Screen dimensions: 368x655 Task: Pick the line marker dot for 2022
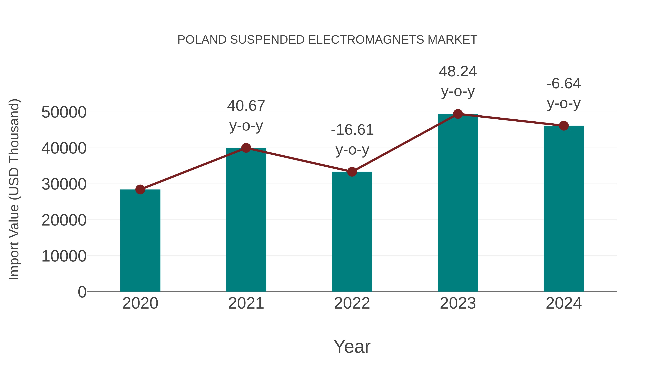pyautogui.click(x=352, y=172)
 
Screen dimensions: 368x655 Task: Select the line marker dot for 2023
pyautogui.click(x=458, y=114)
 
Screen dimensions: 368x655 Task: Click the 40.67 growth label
pyautogui.click(x=246, y=106)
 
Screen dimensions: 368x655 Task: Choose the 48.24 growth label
pyautogui.click(x=458, y=72)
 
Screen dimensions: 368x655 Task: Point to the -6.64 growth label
pyautogui.click(x=564, y=84)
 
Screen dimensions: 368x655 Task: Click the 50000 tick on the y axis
pyautogui.click(x=64, y=112)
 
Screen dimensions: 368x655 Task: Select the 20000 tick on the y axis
pyautogui.click(x=64, y=220)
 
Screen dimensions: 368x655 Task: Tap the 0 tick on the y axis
pyautogui.click(x=82, y=292)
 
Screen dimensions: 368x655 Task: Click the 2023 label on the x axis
pyautogui.click(x=458, y=303)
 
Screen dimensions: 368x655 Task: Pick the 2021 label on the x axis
pyautogui.click(x=246, y=303)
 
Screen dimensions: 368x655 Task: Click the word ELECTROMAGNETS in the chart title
pyautogui.click(x=366, y=40)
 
